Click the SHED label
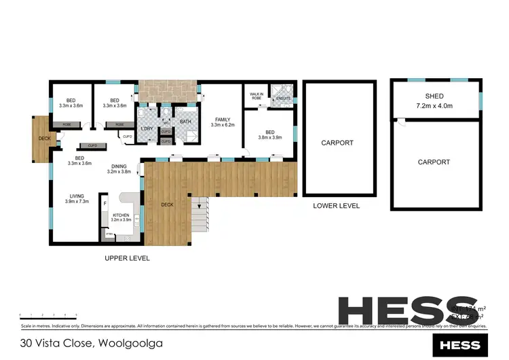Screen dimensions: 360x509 click(434, 96)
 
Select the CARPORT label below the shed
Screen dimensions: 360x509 click(434, 162)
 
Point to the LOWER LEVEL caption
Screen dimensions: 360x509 click(336, 206)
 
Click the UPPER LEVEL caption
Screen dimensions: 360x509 click(127, 258)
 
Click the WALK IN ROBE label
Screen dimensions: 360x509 click(257, 96)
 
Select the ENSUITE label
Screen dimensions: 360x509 click(282, 99)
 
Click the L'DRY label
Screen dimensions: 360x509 click(147, 128)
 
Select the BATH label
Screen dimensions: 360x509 click(185, 122)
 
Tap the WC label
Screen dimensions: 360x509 click(166, 123)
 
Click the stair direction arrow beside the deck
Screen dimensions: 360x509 click(200, 203)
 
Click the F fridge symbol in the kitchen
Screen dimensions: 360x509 click(105, 202)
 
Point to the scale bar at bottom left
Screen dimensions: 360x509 click(48, 314)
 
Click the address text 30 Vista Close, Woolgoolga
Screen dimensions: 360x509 click(91, 343)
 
